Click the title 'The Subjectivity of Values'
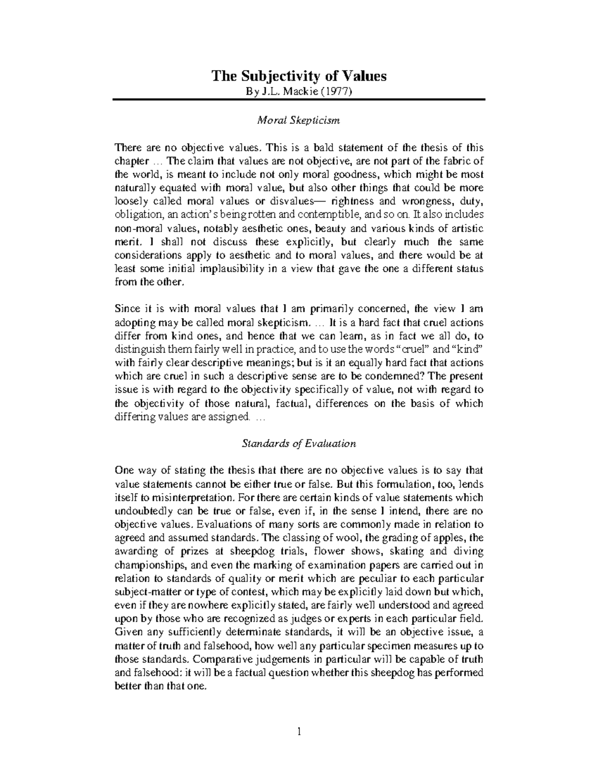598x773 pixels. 299,76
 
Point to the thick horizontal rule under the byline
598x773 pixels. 299,100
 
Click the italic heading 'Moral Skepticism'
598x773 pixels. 299,120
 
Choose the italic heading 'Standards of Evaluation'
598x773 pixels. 299,443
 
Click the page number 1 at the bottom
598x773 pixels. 299,732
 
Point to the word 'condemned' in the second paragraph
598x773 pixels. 399,376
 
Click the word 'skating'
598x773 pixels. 396,551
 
